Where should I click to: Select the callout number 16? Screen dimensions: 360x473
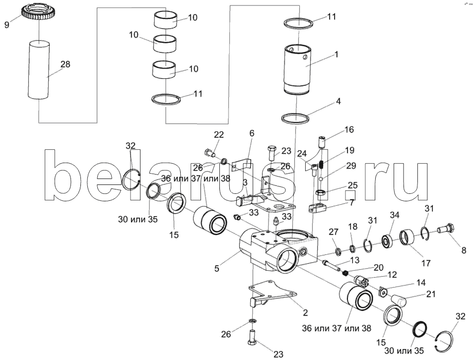[349, 129]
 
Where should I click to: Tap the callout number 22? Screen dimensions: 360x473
[219, 135]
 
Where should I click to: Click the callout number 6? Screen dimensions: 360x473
[251, 133]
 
